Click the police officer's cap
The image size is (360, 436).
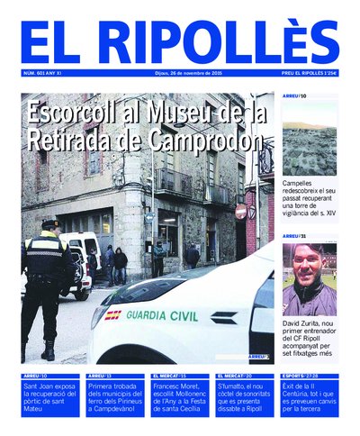click(49, 223)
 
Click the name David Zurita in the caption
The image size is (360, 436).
click(302, 323)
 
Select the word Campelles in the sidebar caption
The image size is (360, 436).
click(301, 183)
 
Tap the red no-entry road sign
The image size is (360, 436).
click(240, 211)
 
